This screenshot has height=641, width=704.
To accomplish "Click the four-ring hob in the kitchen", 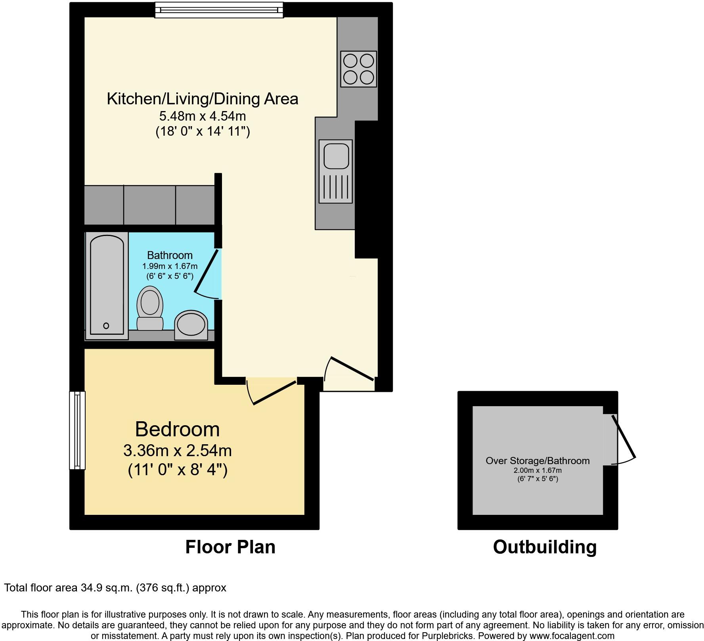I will pos(358,69).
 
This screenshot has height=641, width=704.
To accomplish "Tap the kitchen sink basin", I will pos(336,155).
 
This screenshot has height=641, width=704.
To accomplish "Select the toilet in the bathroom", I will pos(150,308).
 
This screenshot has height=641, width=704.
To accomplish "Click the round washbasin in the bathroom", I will pos(191,324).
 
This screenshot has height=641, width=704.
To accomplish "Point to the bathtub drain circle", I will pos(106,326).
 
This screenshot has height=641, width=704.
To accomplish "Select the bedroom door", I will pos(274,393).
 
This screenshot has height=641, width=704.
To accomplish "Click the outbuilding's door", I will pos(624,436).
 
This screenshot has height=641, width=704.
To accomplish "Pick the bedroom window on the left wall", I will pos(77,430).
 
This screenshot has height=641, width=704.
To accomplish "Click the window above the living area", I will pos(219,10).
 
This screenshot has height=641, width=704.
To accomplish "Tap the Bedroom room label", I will pos(177,429).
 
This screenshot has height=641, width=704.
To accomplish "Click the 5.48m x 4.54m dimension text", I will pos(202,116).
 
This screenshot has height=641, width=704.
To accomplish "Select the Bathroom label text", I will pos(170,255).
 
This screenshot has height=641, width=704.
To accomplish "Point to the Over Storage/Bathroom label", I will pos(538,461).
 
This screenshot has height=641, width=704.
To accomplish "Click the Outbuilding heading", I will pos(545,547).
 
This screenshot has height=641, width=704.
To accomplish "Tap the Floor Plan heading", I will pos(230,547).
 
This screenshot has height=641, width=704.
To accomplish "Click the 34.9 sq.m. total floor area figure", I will pos(106,587).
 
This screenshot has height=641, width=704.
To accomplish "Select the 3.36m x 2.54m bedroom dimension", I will pos(177,451).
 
